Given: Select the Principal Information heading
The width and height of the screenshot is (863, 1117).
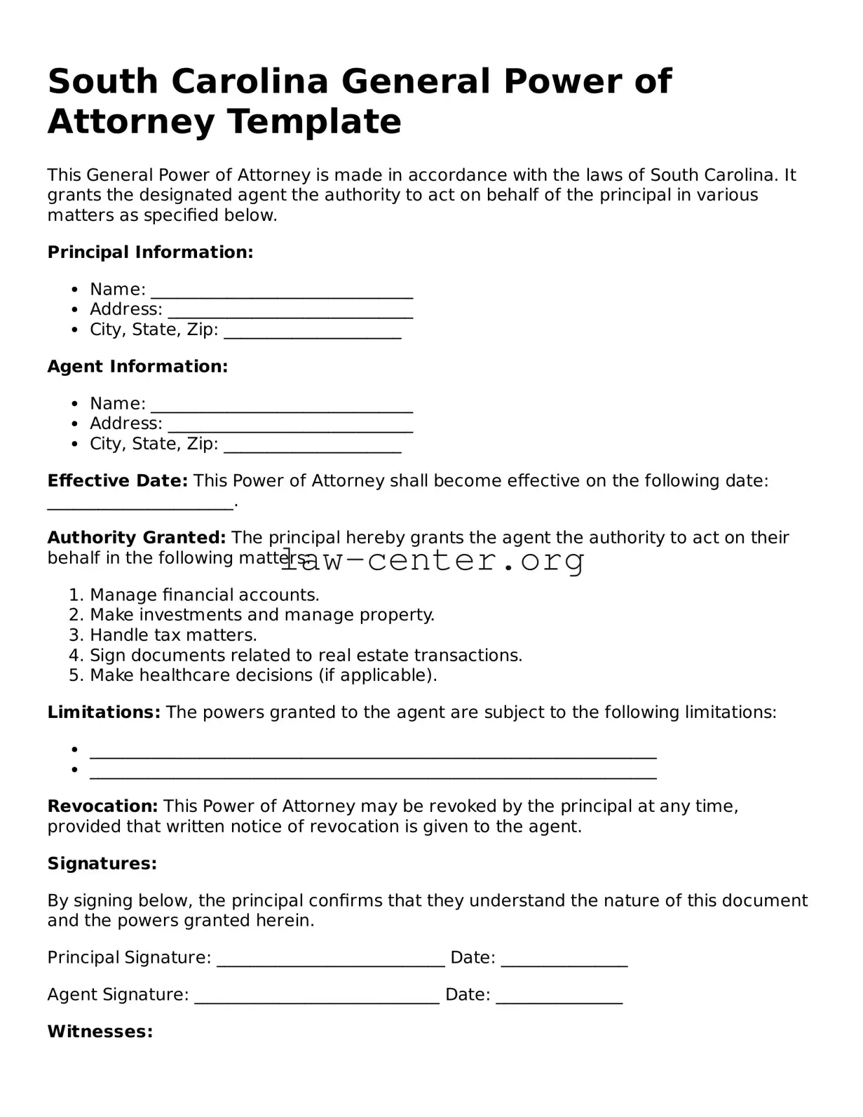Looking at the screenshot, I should [150, 252].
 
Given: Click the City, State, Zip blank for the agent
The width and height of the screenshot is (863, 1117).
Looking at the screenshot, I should [312, 446].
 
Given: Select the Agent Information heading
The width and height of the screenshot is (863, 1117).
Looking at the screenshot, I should [137, 367].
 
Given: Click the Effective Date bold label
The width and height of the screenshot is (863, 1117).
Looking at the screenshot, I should [117, 481].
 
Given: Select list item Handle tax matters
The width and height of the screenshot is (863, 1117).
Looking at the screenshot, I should [173, 635].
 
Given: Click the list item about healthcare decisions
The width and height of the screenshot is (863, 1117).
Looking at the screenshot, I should [263, 675].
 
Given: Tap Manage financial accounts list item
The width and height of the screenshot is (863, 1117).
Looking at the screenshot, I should [204, 595].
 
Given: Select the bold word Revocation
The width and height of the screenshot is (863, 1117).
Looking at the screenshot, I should [102, 806].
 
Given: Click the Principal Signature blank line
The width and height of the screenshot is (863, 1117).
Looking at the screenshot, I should [330, 959].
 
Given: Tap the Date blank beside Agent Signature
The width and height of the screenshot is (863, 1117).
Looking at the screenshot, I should [559, 996].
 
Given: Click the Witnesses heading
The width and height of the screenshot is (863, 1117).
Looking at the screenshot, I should [100, 1032].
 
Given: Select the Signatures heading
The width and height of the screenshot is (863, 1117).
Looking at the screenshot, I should [102, 864].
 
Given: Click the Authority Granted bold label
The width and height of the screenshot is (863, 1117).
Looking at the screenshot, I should [136, 538].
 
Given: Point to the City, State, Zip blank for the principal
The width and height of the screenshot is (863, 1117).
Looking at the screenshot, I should [312, 332].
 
